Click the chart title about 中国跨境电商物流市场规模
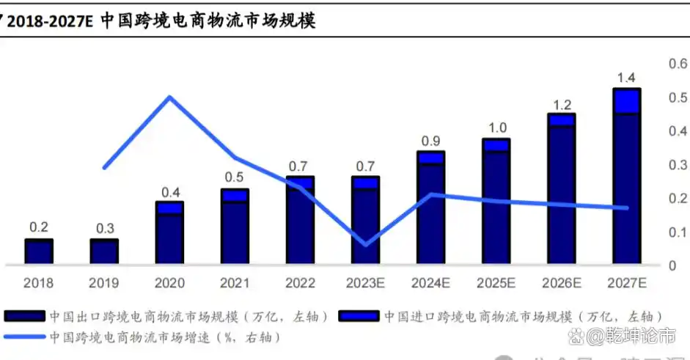(161, 20)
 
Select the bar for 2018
(38, 251)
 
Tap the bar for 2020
(169, 233)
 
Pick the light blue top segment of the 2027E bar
(627, 101)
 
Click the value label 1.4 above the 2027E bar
(627, 78)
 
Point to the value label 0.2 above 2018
(38, 227)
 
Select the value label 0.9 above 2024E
(430, 141)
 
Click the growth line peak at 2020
(169, 97)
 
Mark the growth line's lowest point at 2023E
(366, 244)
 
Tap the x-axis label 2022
(301, 283)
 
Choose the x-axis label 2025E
(496, 283)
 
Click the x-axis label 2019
(103, 283)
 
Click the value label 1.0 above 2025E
(496, 127)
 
